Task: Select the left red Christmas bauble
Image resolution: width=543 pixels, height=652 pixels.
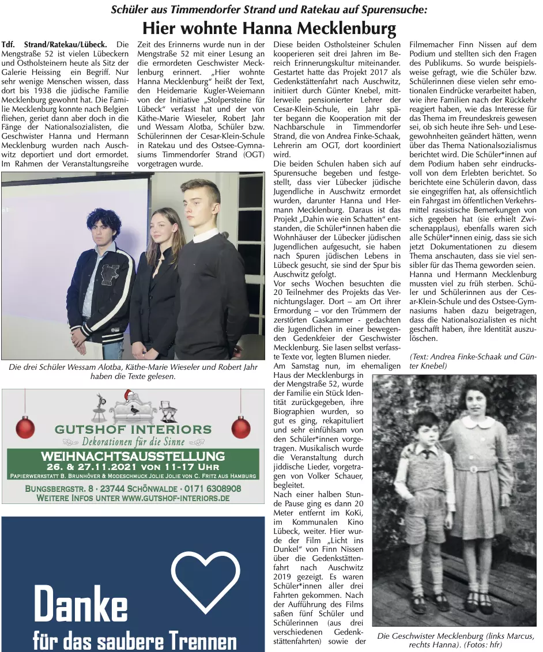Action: (x=25, y=427)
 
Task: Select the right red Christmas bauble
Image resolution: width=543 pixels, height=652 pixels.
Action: (x=241, y=427)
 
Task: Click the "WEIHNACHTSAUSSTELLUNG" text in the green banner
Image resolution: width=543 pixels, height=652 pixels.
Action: (x=133, y=457)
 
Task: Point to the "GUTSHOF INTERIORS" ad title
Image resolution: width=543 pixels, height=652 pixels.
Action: (x=133, y=429)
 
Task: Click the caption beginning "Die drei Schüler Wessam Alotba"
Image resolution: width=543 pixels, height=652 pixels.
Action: (x=133, y=372)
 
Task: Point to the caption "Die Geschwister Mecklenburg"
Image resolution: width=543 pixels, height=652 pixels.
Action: (x=455, y=640)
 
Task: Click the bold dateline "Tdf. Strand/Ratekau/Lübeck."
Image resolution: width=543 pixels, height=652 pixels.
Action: (x=54, y=44)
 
